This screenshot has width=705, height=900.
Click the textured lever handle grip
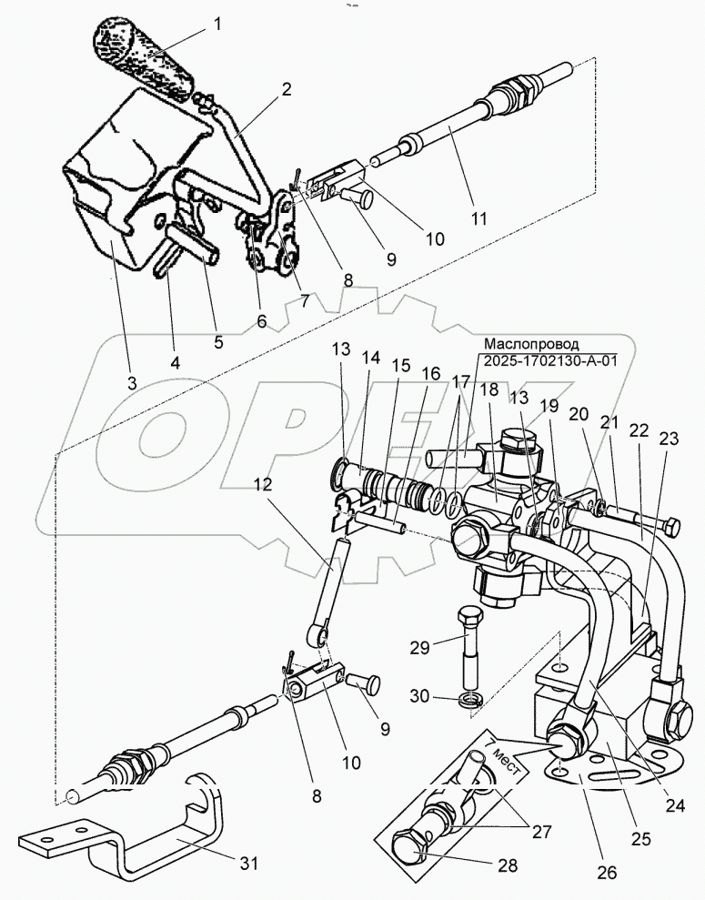pos(144,56)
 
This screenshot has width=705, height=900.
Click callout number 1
pos(218,25)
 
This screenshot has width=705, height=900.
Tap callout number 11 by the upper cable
pos(478,218)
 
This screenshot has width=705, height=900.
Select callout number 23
pos(669,437)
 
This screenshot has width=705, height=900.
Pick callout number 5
pos(217,343)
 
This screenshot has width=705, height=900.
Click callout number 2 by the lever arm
pos(286,89)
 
